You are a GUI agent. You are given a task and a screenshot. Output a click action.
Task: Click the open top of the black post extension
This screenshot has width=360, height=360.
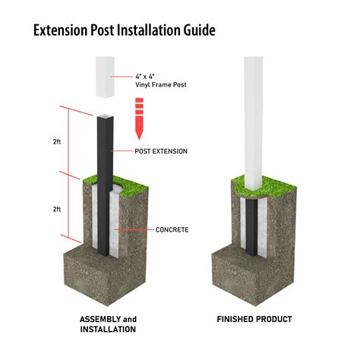click(103, 115)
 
